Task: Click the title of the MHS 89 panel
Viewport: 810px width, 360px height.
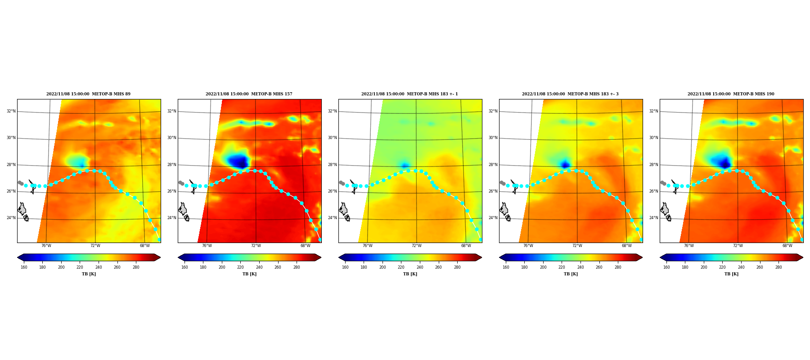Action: click(x=88, y=94)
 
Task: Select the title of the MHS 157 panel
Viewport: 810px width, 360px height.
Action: click(x=249, y=94)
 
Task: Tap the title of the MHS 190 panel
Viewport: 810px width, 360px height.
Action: click(x=731, y=94)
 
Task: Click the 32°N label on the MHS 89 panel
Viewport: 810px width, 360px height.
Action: click(x=11, y=111)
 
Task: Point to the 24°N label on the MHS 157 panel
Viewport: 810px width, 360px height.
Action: click(x=171, y=218)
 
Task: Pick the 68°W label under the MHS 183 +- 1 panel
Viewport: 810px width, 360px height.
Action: click(x=466, y=246)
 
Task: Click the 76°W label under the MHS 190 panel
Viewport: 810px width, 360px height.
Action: click(x=688, y=246)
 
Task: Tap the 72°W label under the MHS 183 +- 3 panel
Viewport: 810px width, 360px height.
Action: click(x=577, y=246)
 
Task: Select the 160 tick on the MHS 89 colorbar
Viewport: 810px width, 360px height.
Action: click(x=24, y=267)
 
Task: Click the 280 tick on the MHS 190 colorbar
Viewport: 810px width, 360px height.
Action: click(x=778, y=267)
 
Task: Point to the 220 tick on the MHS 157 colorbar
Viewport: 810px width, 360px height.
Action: click(x=240, y=267)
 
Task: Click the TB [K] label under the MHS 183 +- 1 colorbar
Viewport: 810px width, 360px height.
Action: click(x=410, y=274)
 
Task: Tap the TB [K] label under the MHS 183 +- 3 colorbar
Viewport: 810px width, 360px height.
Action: click(x=571, y=274)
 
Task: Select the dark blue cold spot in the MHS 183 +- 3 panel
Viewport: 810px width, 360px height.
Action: click(x=566, y=165)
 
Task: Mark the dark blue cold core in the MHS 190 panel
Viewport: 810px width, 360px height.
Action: click(x=724, y=163)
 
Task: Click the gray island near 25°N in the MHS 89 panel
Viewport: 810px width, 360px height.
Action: click(x=22, y=209)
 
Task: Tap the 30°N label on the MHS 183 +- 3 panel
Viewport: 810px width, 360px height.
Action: click(x=493, y=138)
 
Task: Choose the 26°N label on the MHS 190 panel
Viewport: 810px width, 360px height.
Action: click(x=653, y=191)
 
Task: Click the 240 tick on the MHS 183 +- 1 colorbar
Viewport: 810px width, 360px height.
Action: click(x=420, y=267)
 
